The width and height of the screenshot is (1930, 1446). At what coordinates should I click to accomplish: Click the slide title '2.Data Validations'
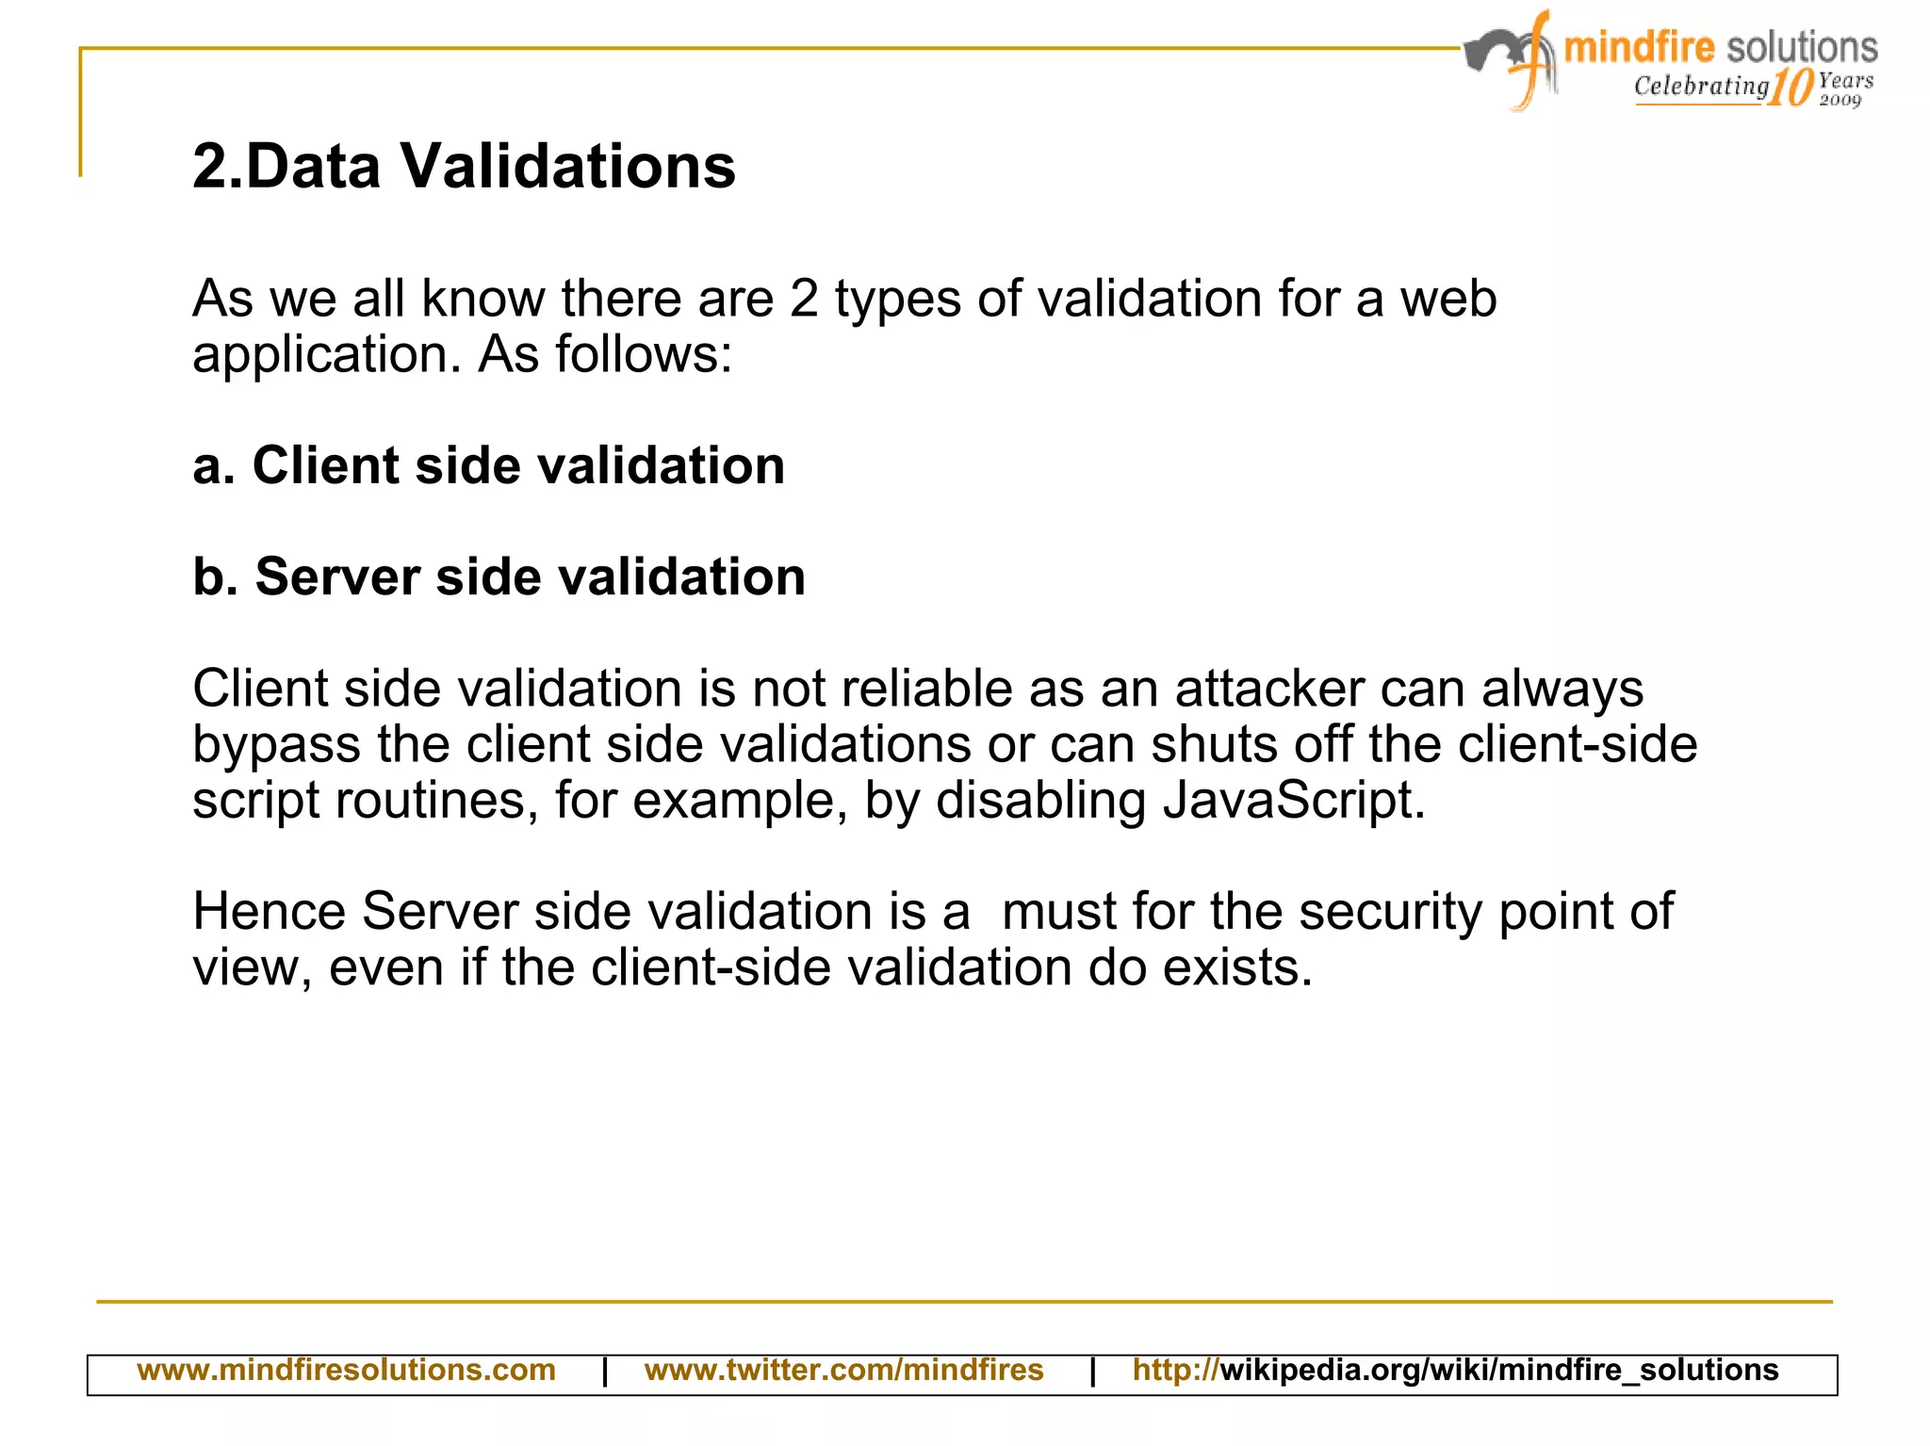(x=464, y=167)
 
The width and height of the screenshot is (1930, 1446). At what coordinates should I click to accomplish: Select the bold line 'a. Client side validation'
(x=488, y=465)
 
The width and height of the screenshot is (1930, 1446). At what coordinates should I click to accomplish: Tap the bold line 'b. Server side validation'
(x=499, y=577)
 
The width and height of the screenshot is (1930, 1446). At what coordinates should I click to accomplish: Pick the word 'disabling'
(x=1039, y=801)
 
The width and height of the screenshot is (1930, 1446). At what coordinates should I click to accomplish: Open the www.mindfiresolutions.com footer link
(x=346, y=1370)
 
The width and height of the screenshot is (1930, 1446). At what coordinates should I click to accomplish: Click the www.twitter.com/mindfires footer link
(x=843, y=1370)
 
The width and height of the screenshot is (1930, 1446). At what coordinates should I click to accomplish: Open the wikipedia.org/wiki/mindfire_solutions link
(x=1455, y=1370)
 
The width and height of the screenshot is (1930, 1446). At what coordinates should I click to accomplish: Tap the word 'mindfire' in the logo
(x=1639, y=47)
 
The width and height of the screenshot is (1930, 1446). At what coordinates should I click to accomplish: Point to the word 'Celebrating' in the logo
(x=1701, y=87)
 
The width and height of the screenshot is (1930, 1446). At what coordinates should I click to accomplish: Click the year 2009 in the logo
(x=1840, y=100)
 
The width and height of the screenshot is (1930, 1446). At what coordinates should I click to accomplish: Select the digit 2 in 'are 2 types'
(x=804, y=300)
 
